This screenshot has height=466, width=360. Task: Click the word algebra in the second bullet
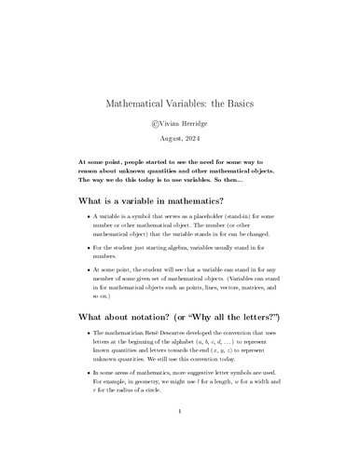click(x=199, y=247)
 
